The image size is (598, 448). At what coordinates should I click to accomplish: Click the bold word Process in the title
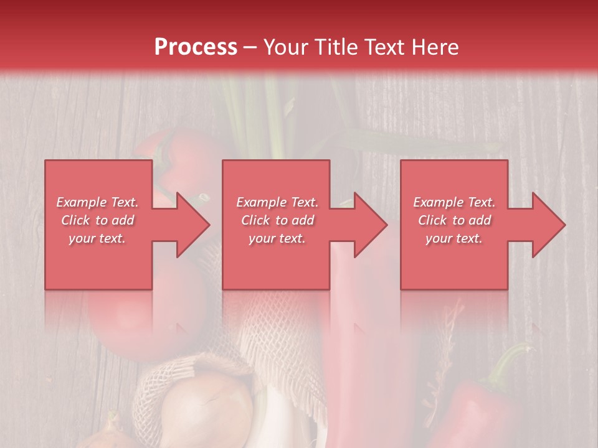[x=196, y=47]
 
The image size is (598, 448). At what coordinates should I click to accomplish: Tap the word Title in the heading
[x=335, y=47]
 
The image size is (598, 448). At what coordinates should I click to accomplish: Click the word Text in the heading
[x=384, y=47]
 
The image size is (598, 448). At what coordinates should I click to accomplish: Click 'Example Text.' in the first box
[x=97, y=202]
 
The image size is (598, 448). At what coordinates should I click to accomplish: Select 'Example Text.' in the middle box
[x=277, y=202]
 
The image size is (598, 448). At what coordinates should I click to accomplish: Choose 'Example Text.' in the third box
[x=454, y=202]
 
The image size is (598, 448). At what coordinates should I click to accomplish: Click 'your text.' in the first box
[x=97, y=238]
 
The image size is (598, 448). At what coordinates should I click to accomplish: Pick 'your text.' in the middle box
[x=277, y=238]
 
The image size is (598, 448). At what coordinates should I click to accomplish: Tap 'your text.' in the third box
[x=454, y=238]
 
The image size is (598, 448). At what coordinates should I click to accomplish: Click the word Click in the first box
[x=76, y=220]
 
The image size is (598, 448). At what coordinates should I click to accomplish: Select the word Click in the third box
[x=433, y=220]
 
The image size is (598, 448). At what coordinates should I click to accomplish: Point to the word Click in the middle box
[x=256, y=220]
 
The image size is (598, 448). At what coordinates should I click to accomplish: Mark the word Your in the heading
[x=286, y=47]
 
